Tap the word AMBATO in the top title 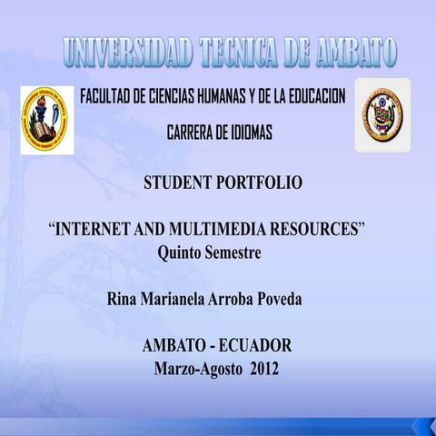click(x=350, y=54)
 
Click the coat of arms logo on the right click(x=381, y=115)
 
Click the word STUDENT click(x=176, y=183)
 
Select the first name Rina click(x=123, y=300)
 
